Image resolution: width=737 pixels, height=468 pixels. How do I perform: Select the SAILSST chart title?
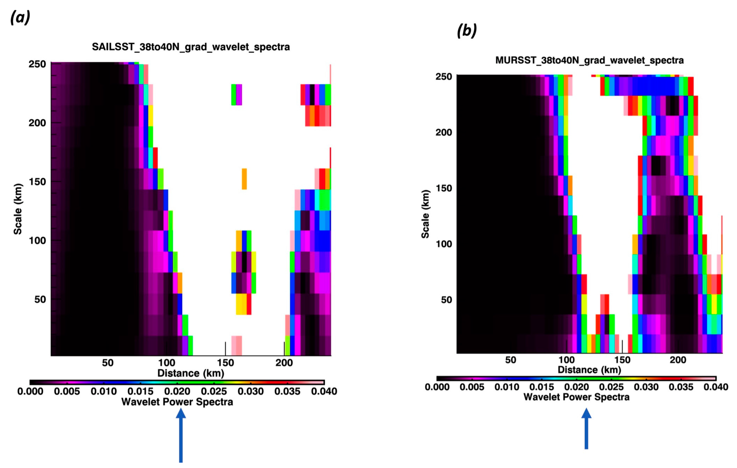[x=191, y=47]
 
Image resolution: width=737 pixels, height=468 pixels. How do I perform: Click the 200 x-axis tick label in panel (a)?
[x=284, y=363]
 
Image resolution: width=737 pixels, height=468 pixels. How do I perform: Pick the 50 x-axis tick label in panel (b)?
[x=510, y=360]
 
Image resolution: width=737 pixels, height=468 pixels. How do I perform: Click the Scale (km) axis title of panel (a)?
[x=18, y=209]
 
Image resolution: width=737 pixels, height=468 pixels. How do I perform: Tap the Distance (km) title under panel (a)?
[x=191, y=373]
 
